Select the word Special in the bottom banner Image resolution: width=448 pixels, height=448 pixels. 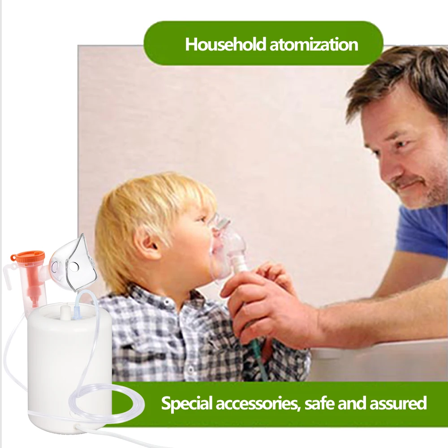(x=187, y=403)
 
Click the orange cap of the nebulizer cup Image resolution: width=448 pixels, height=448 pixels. (x=28, y=257)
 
